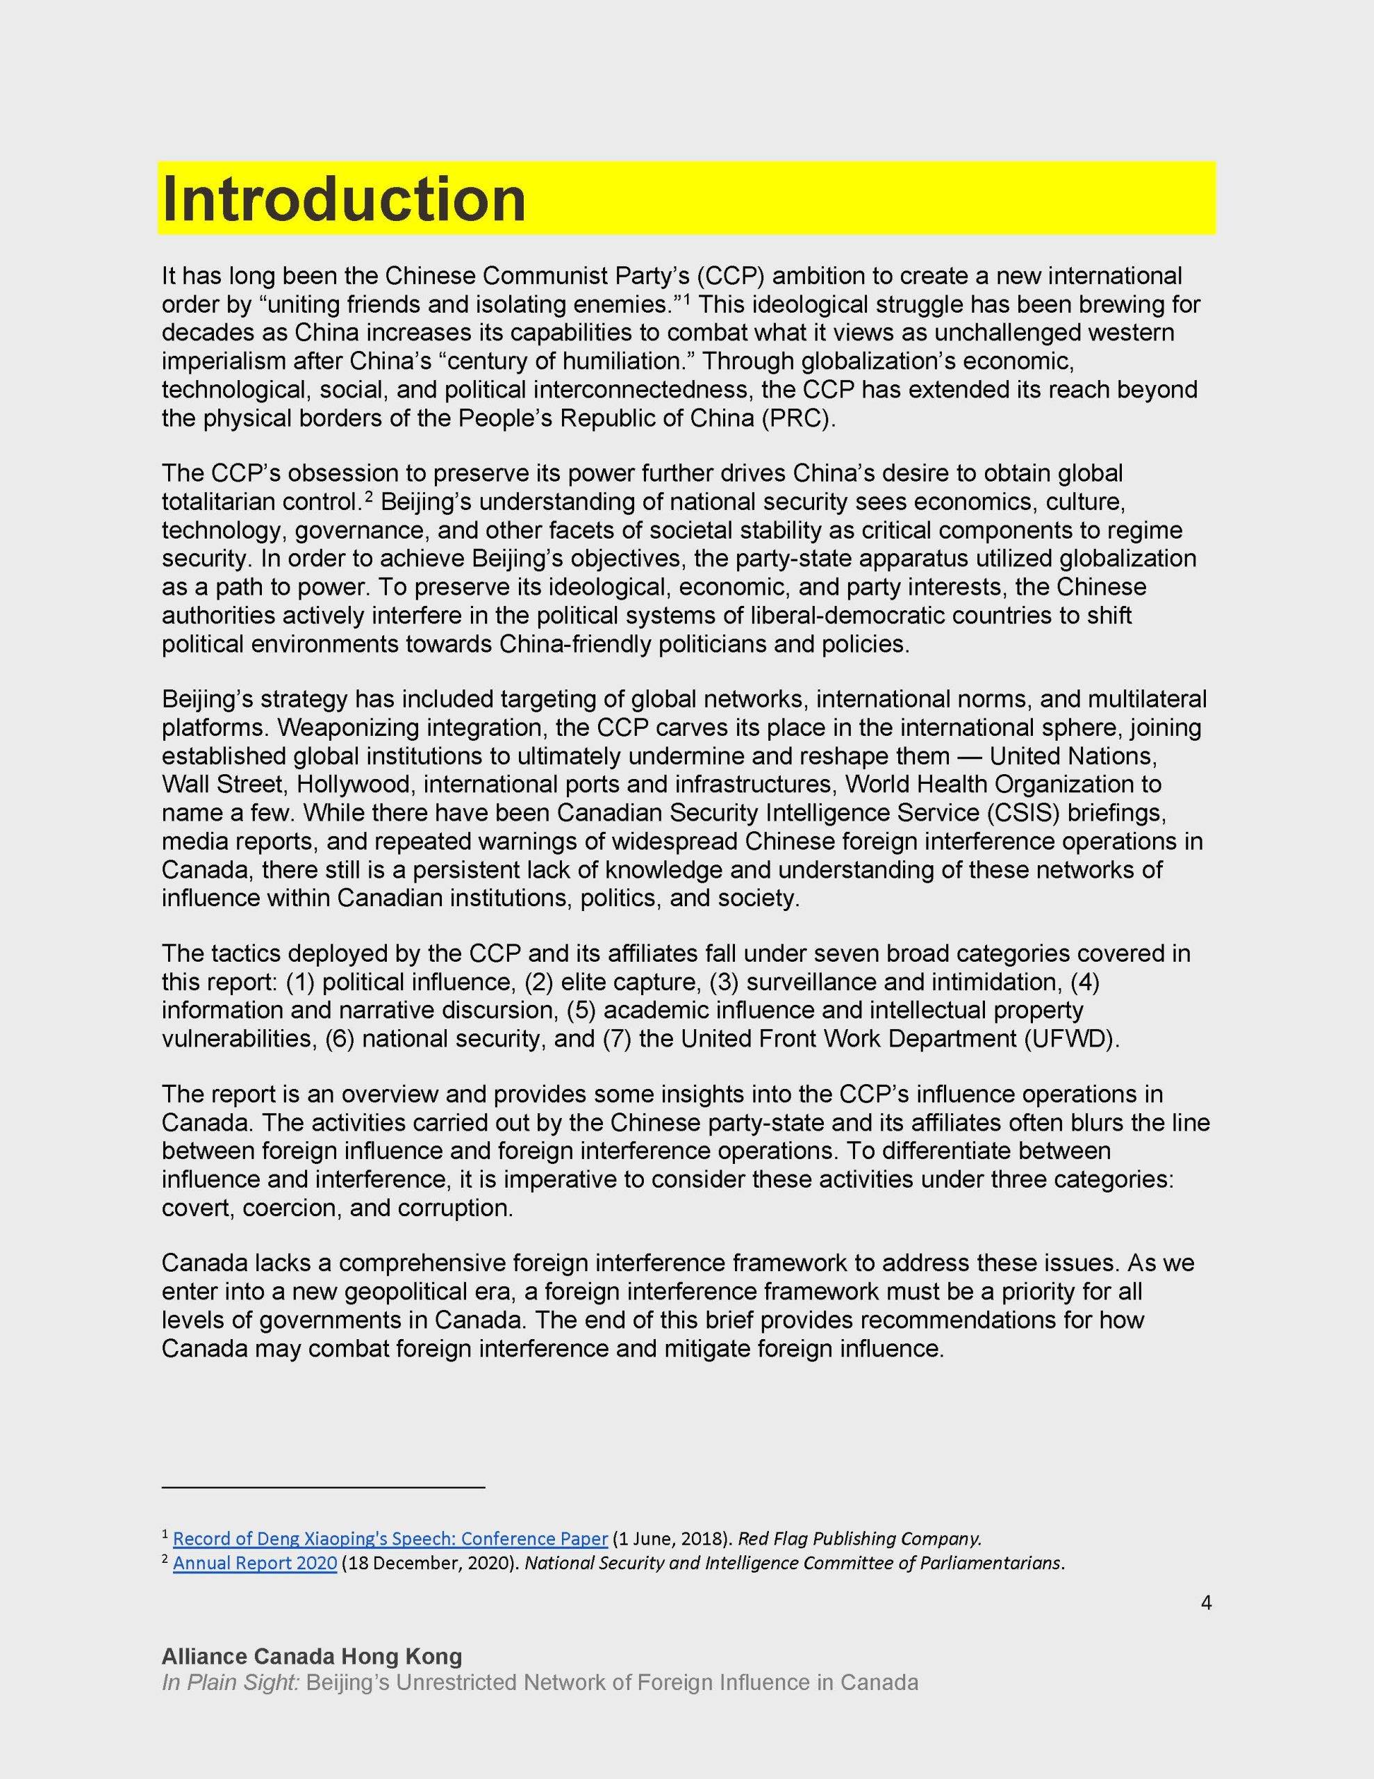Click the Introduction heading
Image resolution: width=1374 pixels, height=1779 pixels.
344,199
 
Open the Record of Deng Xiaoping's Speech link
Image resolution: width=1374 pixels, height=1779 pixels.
390,1538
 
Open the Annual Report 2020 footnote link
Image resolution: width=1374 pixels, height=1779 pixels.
255,1563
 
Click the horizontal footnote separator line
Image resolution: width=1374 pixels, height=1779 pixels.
323,1487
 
